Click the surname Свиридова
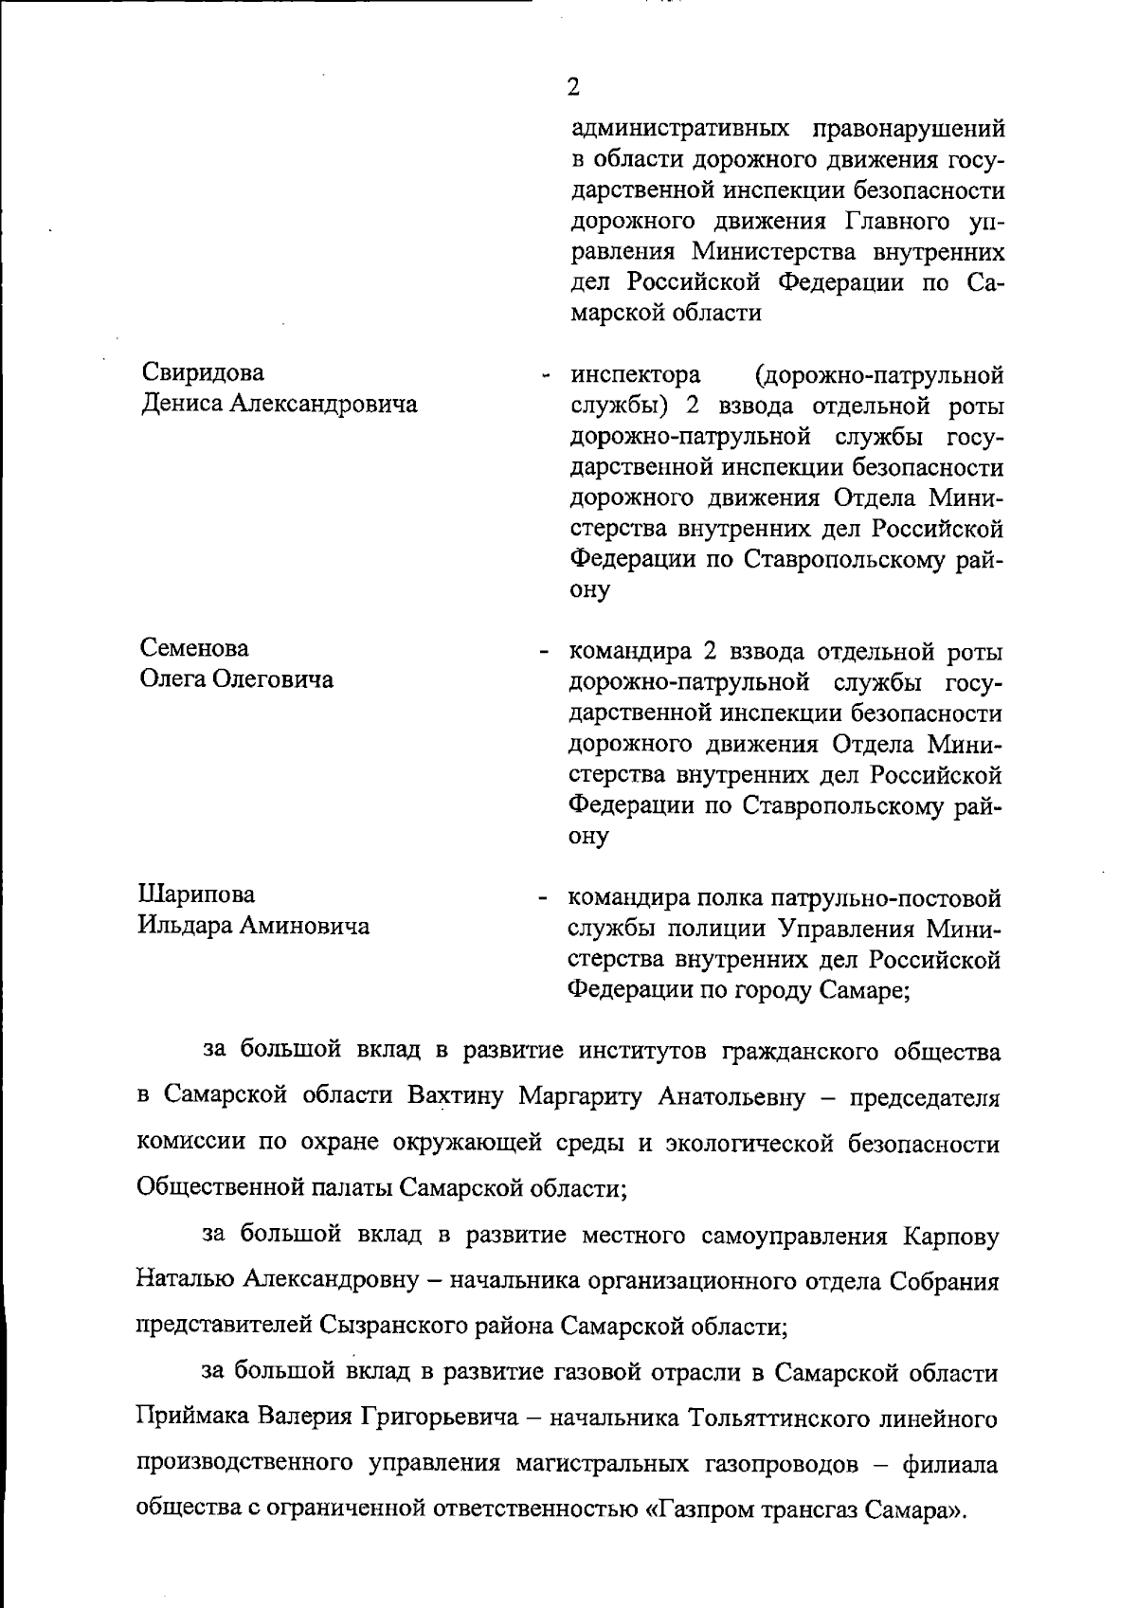(x=204, y=372)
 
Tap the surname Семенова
(x=195, y=648)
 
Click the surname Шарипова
(x=197, y=894)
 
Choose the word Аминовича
(x=303, y=925)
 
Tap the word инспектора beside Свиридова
(x=635, y=374)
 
